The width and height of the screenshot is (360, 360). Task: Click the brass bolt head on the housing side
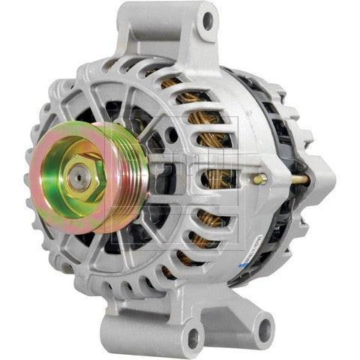pyautogui.click(x=259, y=179)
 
